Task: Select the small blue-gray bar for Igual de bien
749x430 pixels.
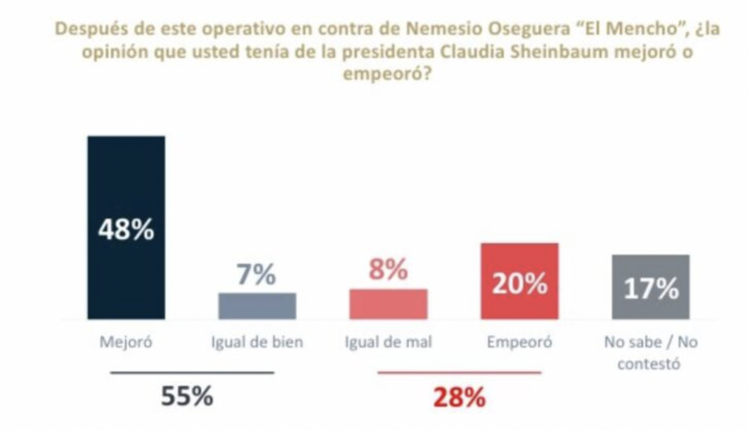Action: [x=257, y=306]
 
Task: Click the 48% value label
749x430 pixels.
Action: [x=126, y=231]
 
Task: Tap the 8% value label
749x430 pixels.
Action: [x=388, y=270]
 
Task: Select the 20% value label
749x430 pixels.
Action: [x=519, y=284]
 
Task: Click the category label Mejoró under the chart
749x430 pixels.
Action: [x=126, y=343]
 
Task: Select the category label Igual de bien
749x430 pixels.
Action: [x=256, y=343]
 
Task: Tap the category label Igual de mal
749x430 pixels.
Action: [x=388, y=343]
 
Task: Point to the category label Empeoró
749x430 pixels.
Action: [x=519, y=343]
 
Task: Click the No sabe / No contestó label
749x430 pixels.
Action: [x=650, y=353]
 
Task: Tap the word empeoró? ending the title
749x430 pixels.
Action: [x=387, y=74]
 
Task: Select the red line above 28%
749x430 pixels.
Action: [x=459, y=373]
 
